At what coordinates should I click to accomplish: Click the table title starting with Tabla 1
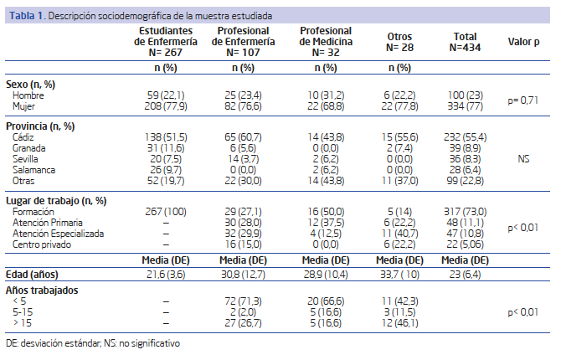pyautogui.click(x=141, y=16)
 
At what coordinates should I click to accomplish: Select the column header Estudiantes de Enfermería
pyautogui.click(x=166, y=42)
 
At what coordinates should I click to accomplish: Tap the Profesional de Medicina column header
pyautogui.click(x=326, y=42)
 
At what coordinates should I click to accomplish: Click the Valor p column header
pyautogui.click(x=523, y=42)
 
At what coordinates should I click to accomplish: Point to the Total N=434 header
pyautogui.click(x=465, y=42)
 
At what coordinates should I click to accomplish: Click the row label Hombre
pyautogui.click(x=28, y=95)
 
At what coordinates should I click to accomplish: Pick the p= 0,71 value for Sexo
pyautogui.click(x=523, y=100)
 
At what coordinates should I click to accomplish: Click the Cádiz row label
pyautogui.click(x=23, y=137)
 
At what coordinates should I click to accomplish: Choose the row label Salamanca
pyautogui.click(x=34, y=170)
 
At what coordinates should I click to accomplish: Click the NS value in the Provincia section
pyautogui.click(x=523, y=159)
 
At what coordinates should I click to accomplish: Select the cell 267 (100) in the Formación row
pyautogui.click(x=166, y=212)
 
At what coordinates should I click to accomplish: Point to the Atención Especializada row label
pyautogui.click(x=58, y=234)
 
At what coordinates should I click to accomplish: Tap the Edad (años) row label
pyautogui.click(x=32, y=275)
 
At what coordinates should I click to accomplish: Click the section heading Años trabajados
pyautogui.click(x=42, y=290)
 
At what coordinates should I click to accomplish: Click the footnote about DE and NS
pyautogui.click(x=93, y=343)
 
